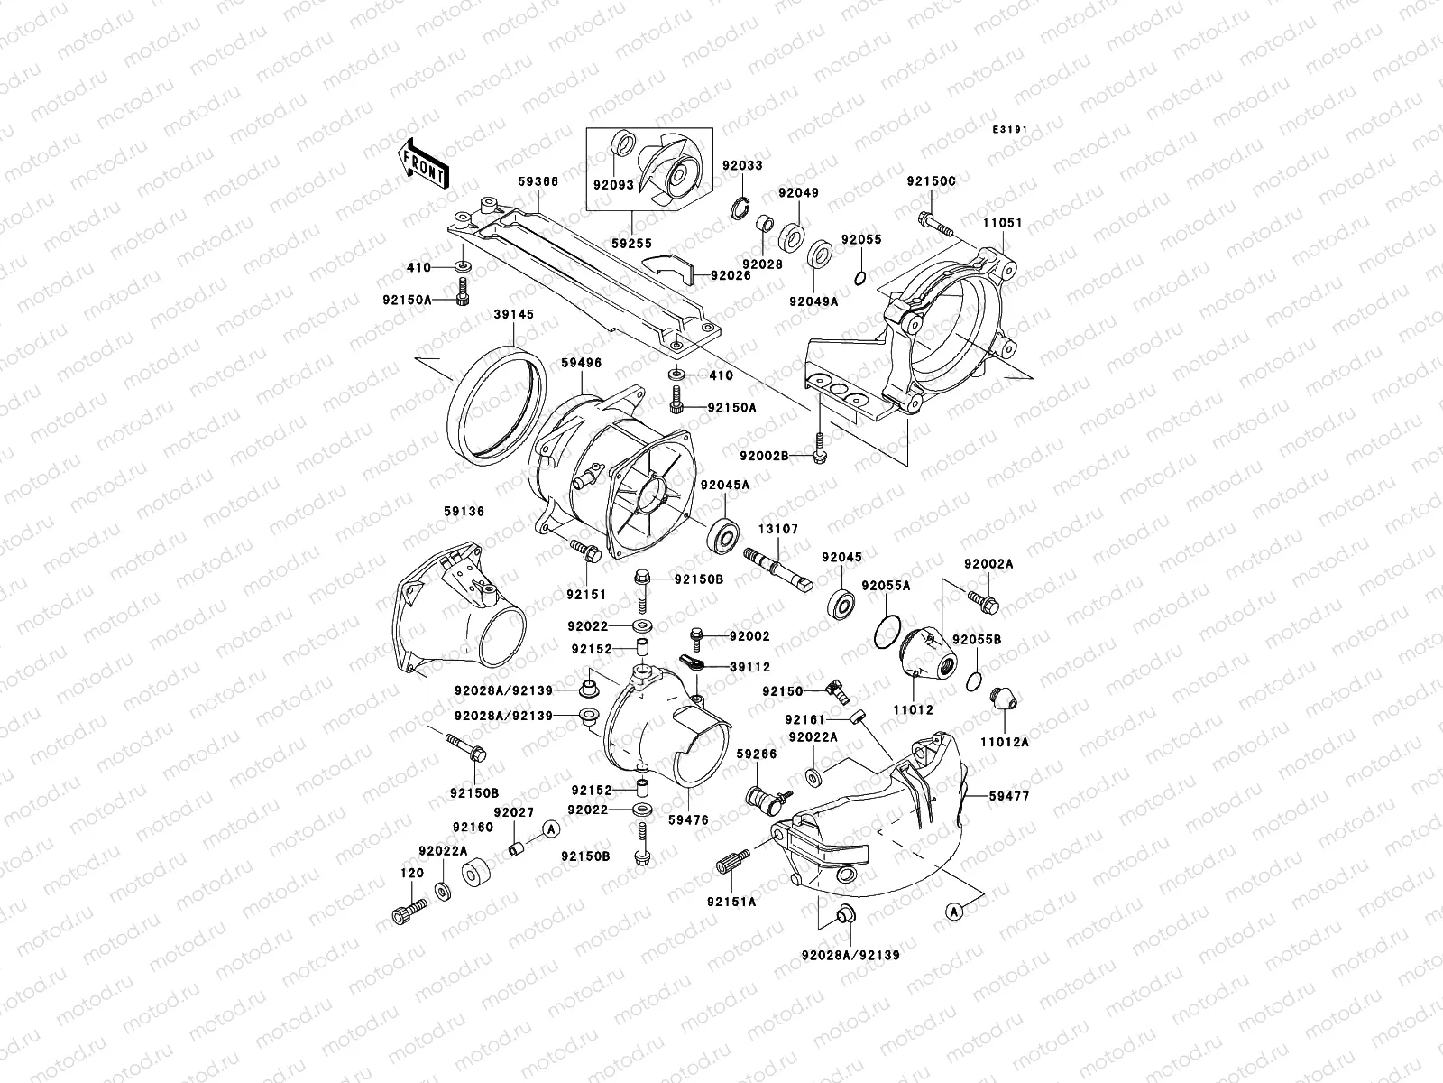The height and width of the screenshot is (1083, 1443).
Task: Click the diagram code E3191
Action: click(x=1010, y=130)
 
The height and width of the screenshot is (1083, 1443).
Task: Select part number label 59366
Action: click(x=538, y=181)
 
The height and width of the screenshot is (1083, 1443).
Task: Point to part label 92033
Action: click(x=741, y=165)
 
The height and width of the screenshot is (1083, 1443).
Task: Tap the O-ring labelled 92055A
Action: click(x=888, y=632)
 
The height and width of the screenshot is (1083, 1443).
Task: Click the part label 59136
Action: click(x=464, y=512)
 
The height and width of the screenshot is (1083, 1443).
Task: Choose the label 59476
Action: click(x=689, y=820)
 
